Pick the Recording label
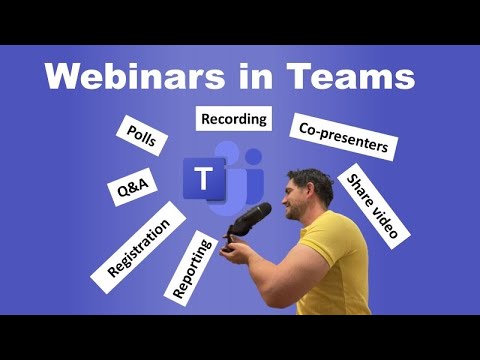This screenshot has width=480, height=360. [234, 119]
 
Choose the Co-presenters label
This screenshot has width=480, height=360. [342, 138]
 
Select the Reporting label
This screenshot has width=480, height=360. [192, 266]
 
